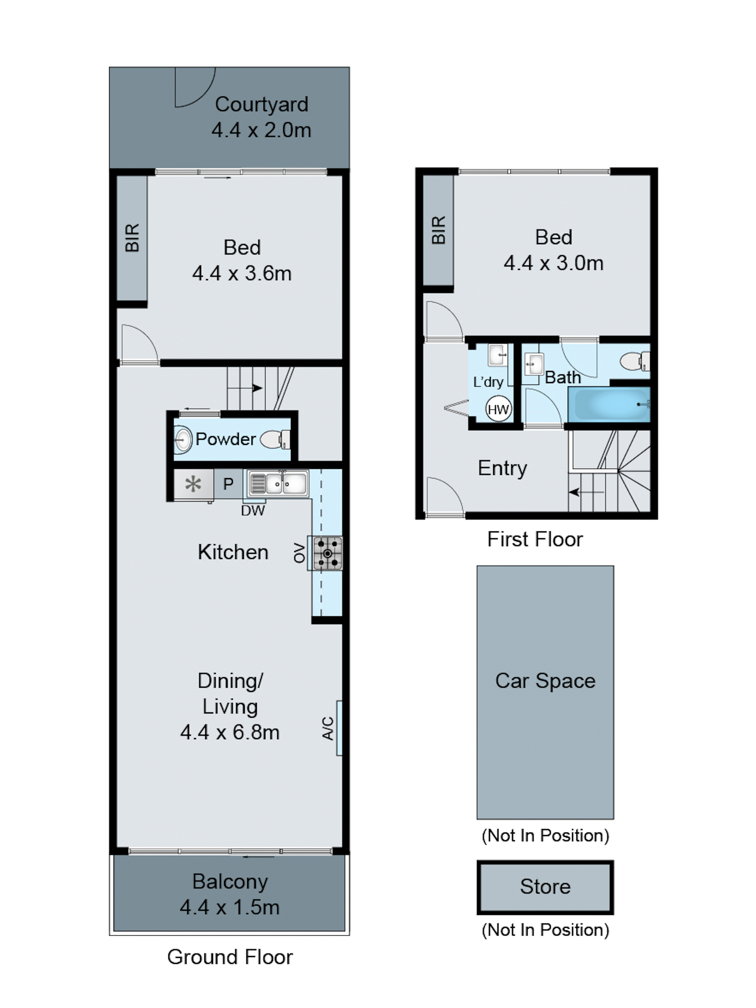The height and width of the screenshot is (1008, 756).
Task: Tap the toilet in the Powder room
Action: coord(275,439)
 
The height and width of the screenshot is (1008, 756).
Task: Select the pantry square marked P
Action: coord(228,484)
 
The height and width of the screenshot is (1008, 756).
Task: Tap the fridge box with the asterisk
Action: coord(193,484)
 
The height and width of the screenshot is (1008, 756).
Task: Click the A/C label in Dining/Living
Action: coord(328,728)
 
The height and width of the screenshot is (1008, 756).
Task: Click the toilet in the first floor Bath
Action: coord(634,361)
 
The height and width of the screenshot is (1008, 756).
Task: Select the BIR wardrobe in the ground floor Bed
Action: coord(132,238)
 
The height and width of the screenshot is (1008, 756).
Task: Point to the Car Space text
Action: coord(545,681)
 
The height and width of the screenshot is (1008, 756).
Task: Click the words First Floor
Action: coord(535,539)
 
